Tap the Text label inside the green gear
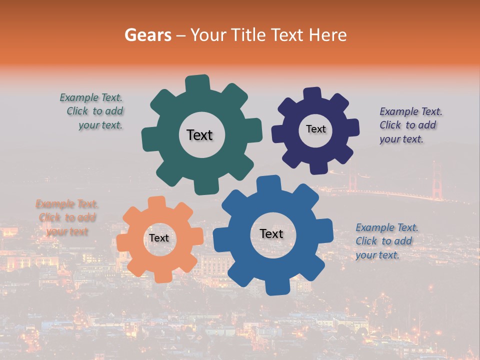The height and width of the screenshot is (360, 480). click(199, 135)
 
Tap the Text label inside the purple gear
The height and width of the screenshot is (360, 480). click(315, 129)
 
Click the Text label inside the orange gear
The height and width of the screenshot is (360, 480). click(159, 238)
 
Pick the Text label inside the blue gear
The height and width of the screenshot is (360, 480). click(271, 233)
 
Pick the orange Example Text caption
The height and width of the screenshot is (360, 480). click(67, 218)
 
